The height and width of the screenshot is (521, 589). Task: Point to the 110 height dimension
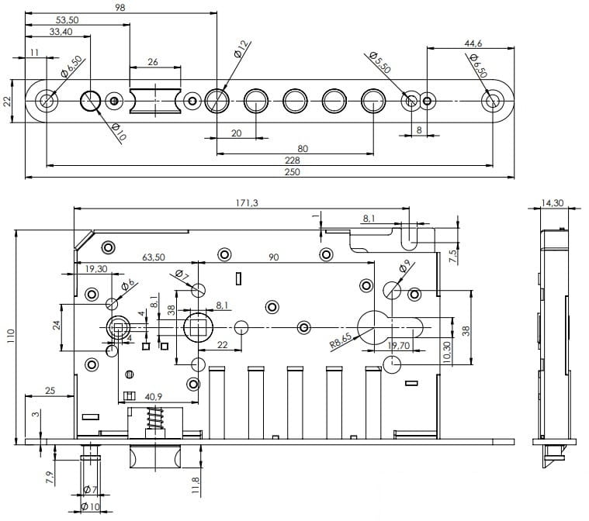tap(11, 336)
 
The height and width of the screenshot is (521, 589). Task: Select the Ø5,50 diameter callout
tap(380, 62)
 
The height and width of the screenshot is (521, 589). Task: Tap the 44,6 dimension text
tap(473, 44)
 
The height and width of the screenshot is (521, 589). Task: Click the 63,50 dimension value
tap(154, 257)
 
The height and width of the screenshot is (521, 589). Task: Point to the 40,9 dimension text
tap(154, 396)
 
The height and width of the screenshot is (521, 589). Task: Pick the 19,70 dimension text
tap(404, 345)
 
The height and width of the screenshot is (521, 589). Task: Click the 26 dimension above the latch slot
tap(154, 62)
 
